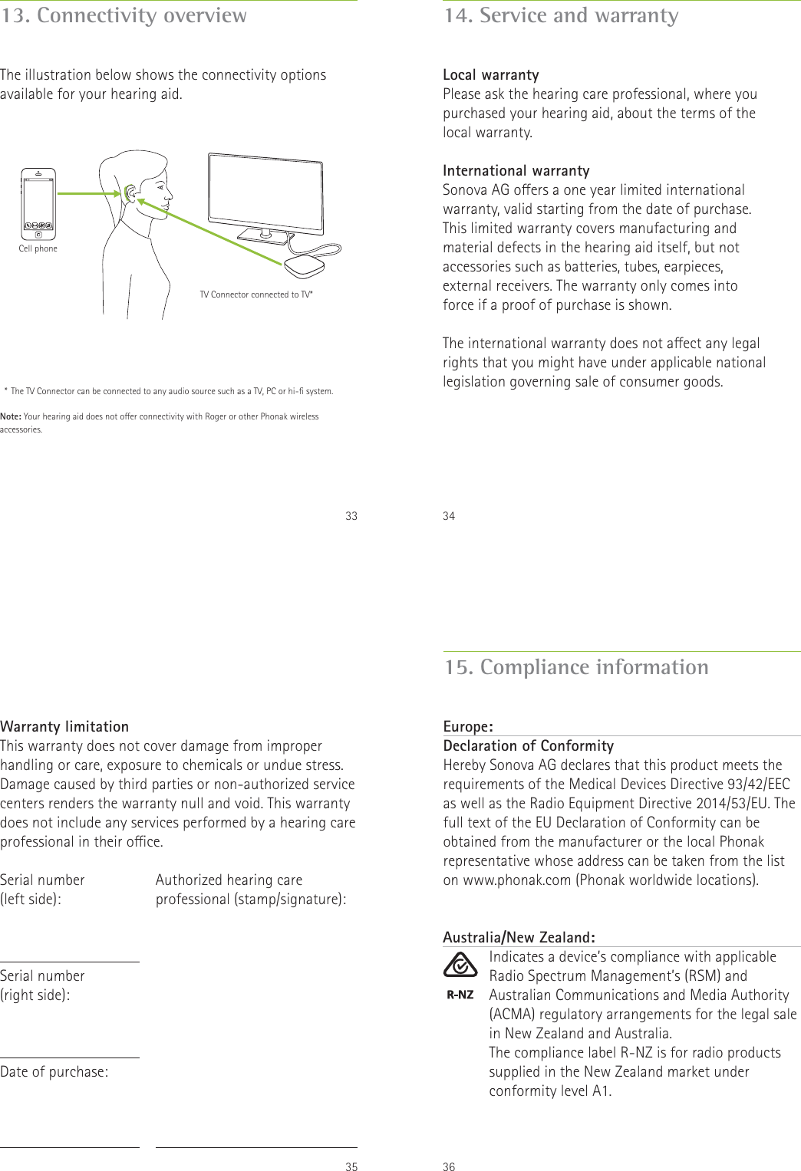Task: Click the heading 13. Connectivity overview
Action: [x=124, y=15]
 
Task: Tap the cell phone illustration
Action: [x=38, y=204]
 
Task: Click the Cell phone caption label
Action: [x=38, y=248]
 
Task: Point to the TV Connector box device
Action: [x=305, y=265]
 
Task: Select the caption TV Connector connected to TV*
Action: [x=256, y=294]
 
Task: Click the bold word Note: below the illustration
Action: [x=11, y=416]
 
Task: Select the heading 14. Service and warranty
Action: [x=561, y=15]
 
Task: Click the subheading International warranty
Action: [x=516, y=170]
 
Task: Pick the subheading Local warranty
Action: [x=491, y=74]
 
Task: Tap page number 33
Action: [x=351, y=516]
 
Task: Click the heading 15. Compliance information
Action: [x=576, y=667]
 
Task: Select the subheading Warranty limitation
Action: [x=64, y=726]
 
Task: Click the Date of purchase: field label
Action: [x=54, y=1071]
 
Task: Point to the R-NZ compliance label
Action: [x=460, y=995]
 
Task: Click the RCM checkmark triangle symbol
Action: [x=460, y=965]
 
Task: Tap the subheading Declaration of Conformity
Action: [x=529, y=745]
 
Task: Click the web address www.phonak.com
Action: [x=517, y=880]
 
